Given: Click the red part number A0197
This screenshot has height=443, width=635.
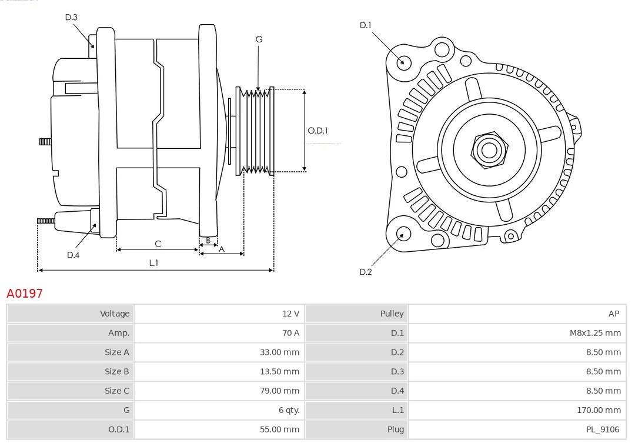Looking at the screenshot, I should [x=25, y=293].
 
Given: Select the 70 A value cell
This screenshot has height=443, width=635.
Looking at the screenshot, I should [x=290, y=333].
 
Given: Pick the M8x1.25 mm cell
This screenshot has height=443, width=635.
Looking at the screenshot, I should [x=595, y=333].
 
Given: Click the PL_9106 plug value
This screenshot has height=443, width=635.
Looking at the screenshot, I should [x=603, y=429].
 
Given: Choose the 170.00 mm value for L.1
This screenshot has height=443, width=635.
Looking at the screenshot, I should [x=599, y=410].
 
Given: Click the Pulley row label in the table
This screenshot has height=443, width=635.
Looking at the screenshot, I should [x=392, y=314].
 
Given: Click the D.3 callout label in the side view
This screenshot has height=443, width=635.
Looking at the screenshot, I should [x=71, y=18].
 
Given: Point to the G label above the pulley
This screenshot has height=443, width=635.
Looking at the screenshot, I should [x=259, y=39].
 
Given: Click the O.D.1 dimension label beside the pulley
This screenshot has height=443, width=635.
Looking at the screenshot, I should [x=318, y=131].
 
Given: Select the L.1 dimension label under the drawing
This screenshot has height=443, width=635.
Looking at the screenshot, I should [x=153, y=263].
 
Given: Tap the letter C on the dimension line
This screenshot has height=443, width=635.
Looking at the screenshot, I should [x=158, y=244].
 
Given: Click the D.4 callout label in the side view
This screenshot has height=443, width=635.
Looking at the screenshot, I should [x=73, y=255].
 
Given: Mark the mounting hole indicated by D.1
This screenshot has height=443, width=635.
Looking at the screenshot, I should [x=404, y=62].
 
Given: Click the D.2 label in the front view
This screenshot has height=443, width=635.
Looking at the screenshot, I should [x=366, y=272].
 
